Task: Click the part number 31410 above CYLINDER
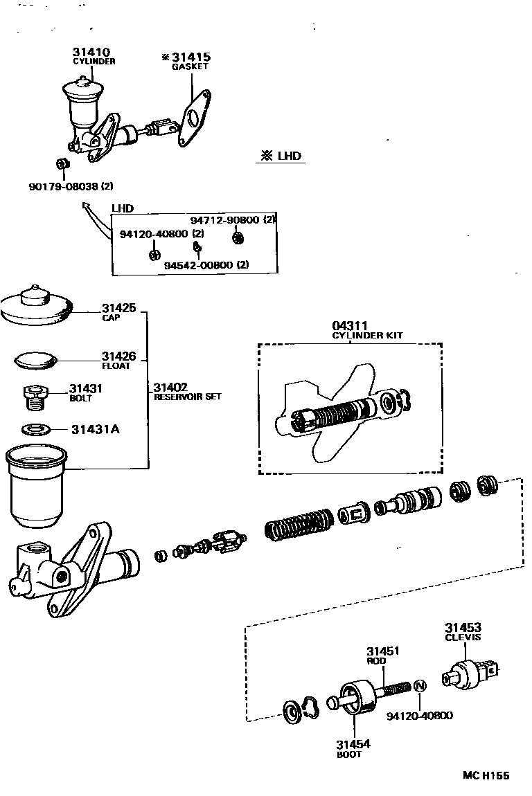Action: [91, 52]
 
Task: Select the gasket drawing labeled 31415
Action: [193, 118]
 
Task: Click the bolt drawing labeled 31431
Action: [35, 398]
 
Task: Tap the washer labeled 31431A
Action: [35, 429]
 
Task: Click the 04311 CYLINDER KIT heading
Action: [367, 330]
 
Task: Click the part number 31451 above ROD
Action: [383, 651]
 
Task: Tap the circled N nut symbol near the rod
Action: [420, 687]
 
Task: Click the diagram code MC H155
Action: [486, 775]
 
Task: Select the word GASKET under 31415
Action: [190, 67]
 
